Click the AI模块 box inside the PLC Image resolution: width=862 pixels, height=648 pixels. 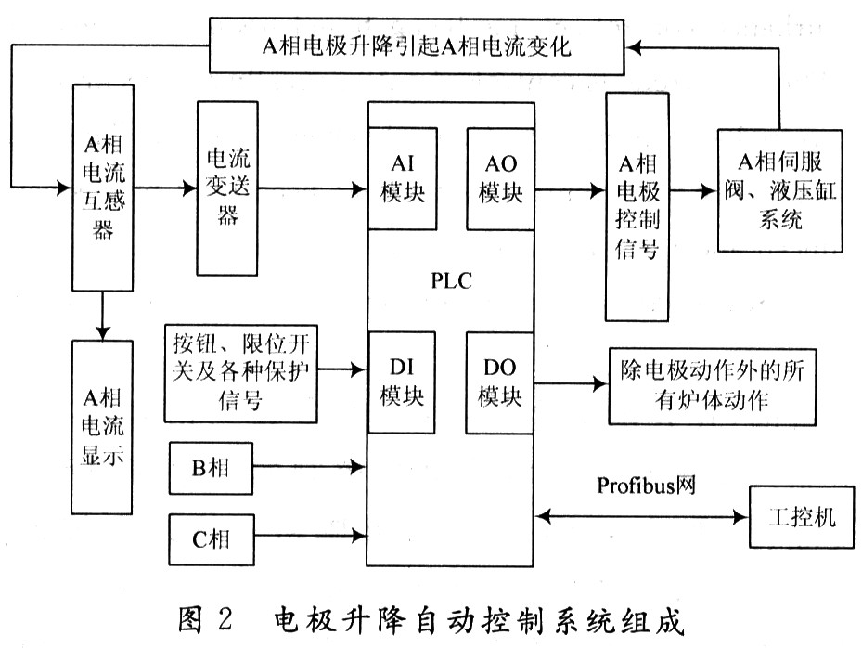(403, 177)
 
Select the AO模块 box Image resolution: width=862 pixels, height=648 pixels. (500, 177)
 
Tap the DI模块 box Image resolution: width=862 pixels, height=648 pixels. (403, 382)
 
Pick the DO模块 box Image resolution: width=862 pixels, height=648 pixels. (500, 382)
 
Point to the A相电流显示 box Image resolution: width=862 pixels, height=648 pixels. (103, 420)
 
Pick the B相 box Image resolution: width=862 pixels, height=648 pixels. (211, 467)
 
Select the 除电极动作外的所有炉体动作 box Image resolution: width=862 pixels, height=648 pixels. (712, 383)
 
